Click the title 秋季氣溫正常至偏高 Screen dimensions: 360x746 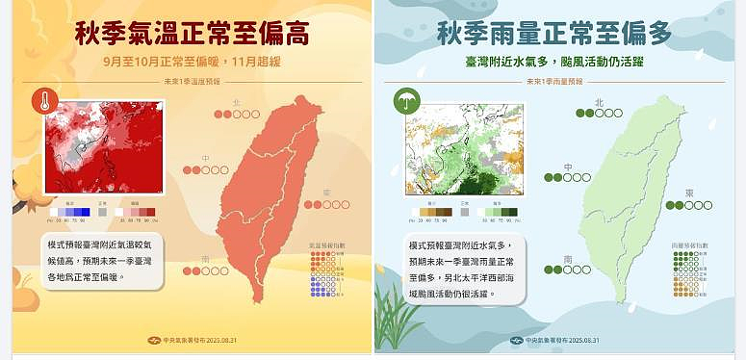tap(192, 36)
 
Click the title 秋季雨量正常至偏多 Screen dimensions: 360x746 tap(553, 36)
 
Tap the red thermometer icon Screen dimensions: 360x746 tap(44, 101)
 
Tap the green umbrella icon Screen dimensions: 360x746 tap(405, 101)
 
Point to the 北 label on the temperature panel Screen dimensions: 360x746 tap(238, 101)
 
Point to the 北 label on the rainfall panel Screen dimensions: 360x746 tap(599, 101)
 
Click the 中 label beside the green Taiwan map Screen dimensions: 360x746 tap(568, 166)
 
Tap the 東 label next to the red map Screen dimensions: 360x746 tap(326, 193)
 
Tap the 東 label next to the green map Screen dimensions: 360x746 tap(688, 193)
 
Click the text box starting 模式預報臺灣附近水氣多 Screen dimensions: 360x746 tap(459, 267)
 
